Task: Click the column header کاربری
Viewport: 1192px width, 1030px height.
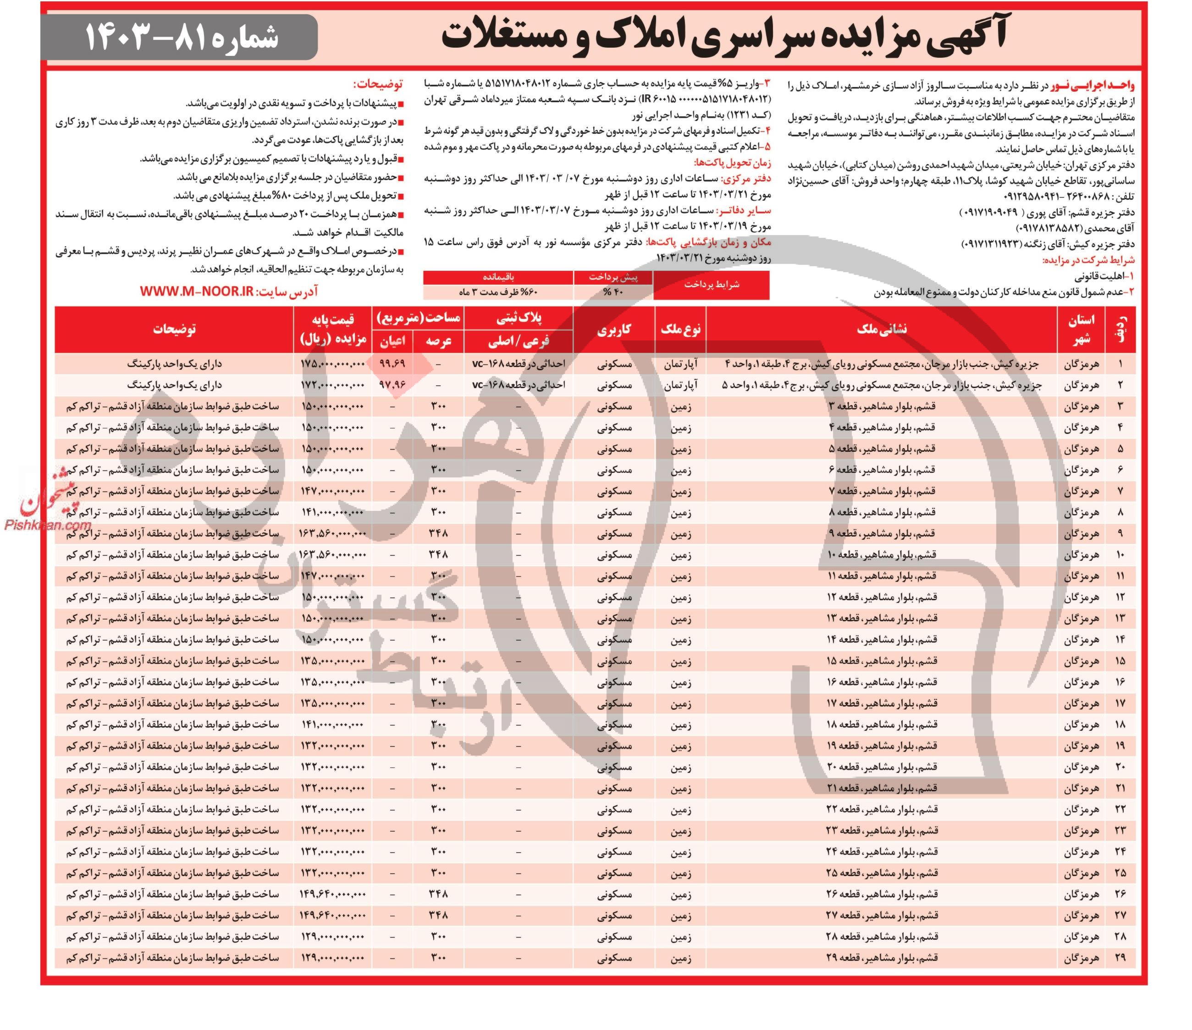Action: [x=614, y=329]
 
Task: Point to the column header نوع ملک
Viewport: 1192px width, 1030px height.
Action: [x=680, y=329]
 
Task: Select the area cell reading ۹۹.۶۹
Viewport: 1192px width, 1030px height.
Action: [x=392, y=364]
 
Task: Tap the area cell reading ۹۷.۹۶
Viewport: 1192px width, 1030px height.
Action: [x=392, y=385]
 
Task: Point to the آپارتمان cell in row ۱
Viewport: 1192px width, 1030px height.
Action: [x=680, y=364]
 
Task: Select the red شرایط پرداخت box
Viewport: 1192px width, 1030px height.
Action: [x=711, y=285]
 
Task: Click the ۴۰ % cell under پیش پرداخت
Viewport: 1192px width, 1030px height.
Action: [x=613, y=292]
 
